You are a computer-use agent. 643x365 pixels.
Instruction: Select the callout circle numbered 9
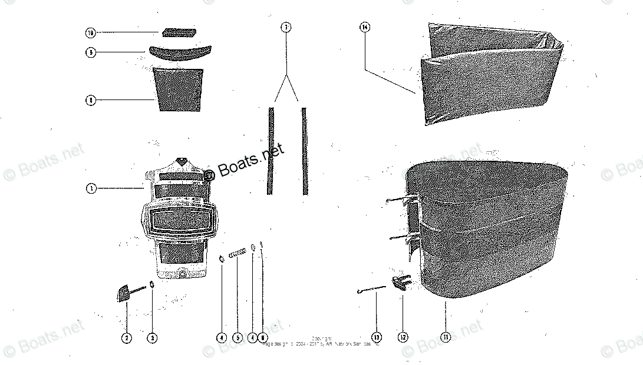pos(91,52)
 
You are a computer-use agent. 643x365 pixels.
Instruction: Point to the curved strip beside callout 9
pos(177,52)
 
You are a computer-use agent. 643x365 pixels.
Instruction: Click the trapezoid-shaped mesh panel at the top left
pos(178,89)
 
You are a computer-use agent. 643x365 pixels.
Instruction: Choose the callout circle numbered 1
pos(91,189)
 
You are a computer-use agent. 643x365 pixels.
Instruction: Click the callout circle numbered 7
pos(286,27)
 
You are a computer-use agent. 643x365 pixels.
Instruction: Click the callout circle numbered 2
pos(127,338)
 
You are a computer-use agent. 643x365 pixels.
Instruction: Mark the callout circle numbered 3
pos(152,338)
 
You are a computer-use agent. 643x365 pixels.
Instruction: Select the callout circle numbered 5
pos(238,338)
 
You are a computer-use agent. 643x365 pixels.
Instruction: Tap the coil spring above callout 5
pos(237,253)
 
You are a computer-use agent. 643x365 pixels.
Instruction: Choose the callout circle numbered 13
pos(377,337)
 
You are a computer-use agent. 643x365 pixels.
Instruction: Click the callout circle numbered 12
pos(403,337)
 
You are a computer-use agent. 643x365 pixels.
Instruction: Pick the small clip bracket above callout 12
pos(401,284)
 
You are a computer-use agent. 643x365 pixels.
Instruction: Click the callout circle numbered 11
pos(446,337)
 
